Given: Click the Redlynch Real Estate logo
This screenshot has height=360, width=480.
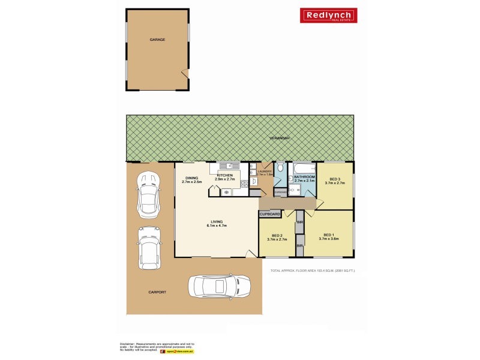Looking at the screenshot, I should [x=328, y=16].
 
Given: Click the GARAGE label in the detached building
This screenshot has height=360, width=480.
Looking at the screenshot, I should [x=157, y=40].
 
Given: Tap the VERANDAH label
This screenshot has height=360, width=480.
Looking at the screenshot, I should [x=280, y=138].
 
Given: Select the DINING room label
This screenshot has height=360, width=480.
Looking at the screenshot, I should [x=191, y=179].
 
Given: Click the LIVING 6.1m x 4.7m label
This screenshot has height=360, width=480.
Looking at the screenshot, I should [x=216, y=225].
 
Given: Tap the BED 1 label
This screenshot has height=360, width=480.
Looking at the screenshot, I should [x=328, y=236].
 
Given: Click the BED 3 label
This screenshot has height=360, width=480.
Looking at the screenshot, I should [x=335, y=181].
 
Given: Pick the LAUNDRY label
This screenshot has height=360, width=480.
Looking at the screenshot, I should [x=265, y=173].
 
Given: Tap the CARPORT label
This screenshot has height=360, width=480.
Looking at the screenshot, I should [x=157, y=292].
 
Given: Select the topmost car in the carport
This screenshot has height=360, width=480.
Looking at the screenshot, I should [x=148, y=195].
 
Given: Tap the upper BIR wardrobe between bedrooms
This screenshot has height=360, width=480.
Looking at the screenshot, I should [x=299, y=223].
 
